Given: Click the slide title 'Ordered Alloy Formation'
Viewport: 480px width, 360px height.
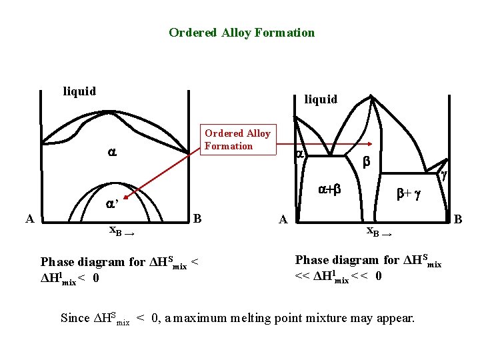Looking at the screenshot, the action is (x=241, y=33).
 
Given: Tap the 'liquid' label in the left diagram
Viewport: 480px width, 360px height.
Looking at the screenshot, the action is (x=79, y=91).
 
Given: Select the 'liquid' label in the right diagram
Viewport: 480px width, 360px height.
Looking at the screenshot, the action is (x=321, y=99).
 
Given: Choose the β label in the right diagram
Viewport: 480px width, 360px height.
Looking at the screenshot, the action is (x=366, y=162).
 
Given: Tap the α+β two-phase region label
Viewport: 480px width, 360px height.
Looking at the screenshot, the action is (x=330, y=189).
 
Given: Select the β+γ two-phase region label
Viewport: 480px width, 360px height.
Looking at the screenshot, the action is (x=408, y=194).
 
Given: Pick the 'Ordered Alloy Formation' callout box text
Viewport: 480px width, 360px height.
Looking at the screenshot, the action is (x=237, y=140).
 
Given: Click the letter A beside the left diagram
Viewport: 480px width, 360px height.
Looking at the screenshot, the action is (x=29, y=218).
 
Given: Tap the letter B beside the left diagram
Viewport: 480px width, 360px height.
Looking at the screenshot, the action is (x=197, y=218).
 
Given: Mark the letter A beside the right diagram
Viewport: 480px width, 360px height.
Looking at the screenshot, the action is (x=283, y=219).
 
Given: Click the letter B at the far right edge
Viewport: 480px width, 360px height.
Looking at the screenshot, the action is (x=458, y=218).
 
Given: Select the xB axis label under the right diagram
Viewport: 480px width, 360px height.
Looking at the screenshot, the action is (x=376, y=231).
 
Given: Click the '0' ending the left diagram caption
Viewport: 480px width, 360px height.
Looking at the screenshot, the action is (x=97, y=278).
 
